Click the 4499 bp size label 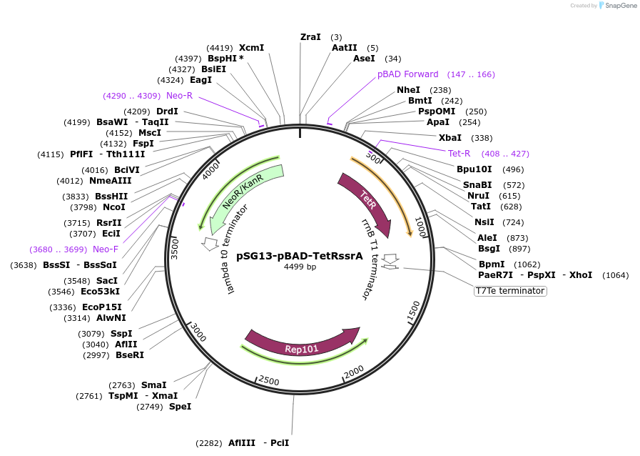point(300,267)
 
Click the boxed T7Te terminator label point(510,291)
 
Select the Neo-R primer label point(180,95)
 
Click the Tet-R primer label point(459,153)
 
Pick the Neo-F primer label point(106,249)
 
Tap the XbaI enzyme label point(449,137)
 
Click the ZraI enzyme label point(310,36)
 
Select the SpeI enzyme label point(180,407)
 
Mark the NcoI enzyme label point(113,207)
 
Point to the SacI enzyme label point(106,280)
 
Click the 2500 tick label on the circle point(268,380)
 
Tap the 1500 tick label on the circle point(413,312)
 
